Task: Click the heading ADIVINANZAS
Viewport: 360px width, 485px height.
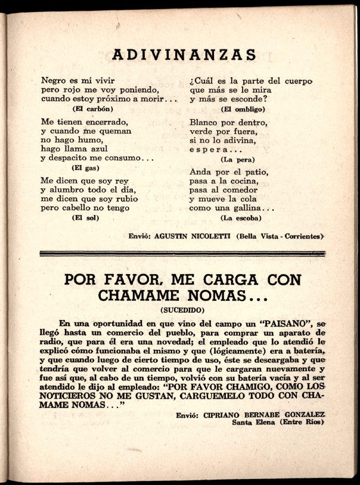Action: pos(184,55)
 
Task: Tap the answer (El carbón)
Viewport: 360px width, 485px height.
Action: pos(93,108)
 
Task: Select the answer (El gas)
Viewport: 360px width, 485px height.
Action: pos(85,168)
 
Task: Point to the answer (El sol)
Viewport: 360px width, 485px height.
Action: pos(85,217)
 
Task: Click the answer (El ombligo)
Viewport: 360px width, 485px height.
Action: pos(243,109)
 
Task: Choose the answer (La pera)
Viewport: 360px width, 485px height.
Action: pos(238,160)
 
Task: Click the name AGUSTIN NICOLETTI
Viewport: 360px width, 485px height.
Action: pos(192,236)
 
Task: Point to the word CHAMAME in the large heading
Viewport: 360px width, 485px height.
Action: pos(144,295)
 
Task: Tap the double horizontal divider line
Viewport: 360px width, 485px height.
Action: pos(182,254)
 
